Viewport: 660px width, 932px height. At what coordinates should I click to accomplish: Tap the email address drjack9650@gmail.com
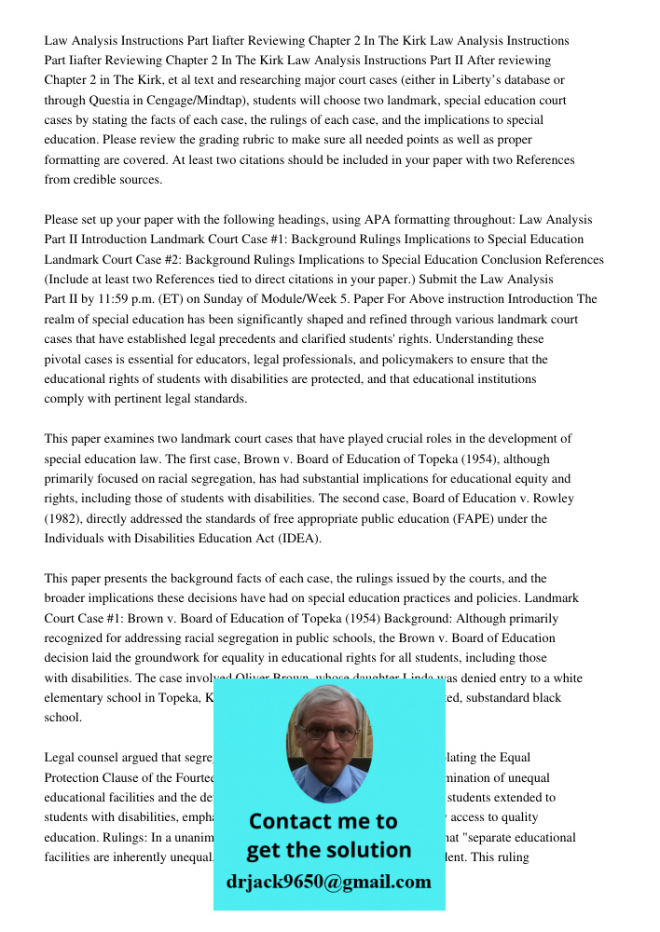329,882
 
